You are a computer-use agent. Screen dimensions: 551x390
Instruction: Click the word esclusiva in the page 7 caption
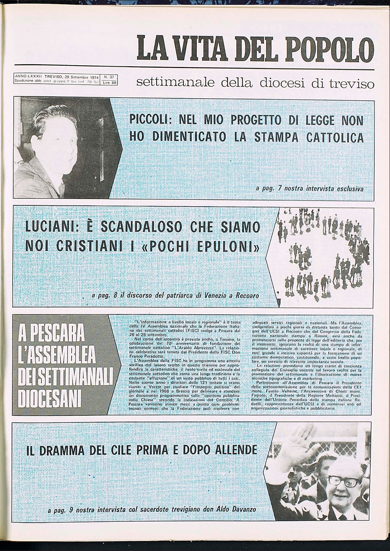click(350, 189)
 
